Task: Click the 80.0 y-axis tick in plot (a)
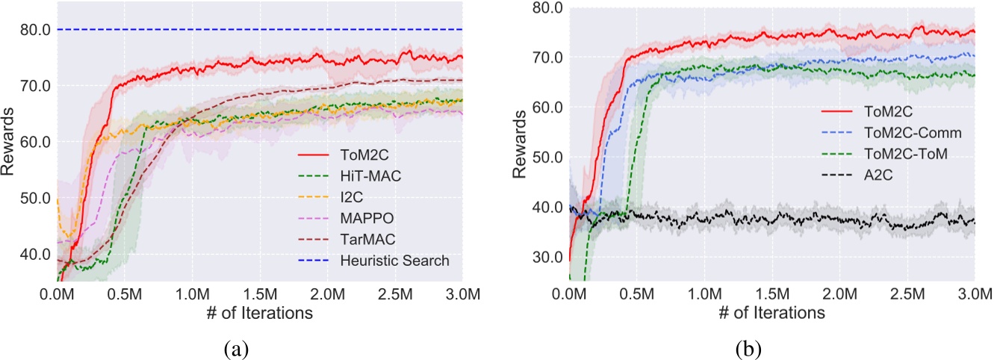click(x=34, y=30)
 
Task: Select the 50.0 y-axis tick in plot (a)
click(x=34, y=199)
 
